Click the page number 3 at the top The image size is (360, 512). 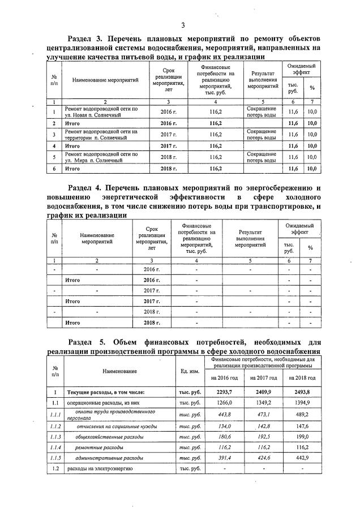(x=183, y=25)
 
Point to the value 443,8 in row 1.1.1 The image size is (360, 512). (x=225, y=414)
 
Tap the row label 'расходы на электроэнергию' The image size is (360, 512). (x=100, y=469)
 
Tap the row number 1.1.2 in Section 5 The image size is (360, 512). (x=55, y=426)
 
